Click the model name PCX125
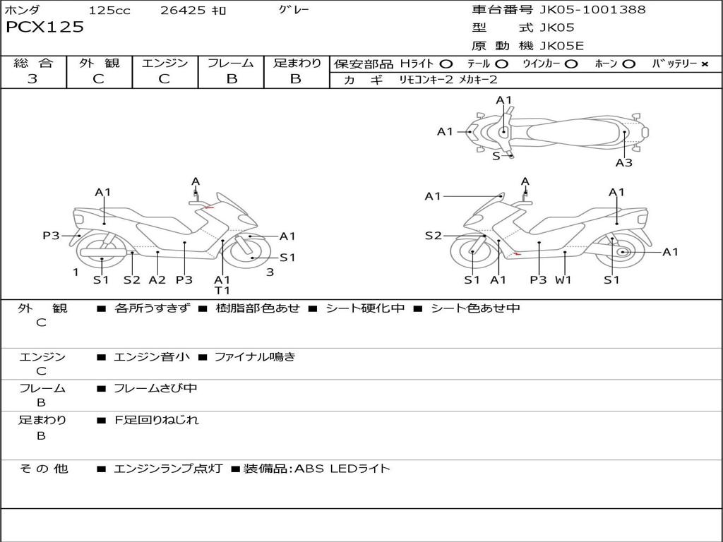(x=44, y=28)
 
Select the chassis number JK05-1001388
(x=592, y=10)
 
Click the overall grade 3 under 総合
(x=32, y=78)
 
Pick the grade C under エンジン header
(x=164, y=79)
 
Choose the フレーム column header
(x=231, y=63)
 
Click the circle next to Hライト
(x=446, y=64)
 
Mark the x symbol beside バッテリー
(x=705, y=64)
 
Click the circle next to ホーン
(x=628, y=64)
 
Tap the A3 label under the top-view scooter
(x=624, y=163)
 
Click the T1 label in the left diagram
(x=222, y=290)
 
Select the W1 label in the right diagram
(x=563, y=279)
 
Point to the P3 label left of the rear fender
(x=51, y=236)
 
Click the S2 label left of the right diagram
(x=433, y=236)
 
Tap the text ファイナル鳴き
(x=255, y=356)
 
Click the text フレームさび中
(x=155, y=389)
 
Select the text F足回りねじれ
(x=157, y=420)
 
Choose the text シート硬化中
(x=365, y=308)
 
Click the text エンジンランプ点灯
(x=168, y=469)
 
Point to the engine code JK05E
(x=561, y=46)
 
